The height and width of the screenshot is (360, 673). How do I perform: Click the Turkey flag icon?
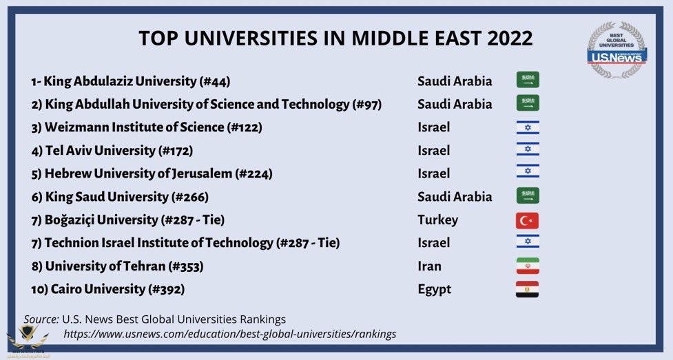coord(527,220)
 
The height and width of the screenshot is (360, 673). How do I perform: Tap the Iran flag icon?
coord(527,266)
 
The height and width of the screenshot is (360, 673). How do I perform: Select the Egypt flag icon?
coord(527,289)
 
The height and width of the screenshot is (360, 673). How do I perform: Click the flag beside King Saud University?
coord(528,196)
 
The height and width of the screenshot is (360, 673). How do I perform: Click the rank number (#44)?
coord(214,81)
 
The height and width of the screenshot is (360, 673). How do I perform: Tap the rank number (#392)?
coord(166,289)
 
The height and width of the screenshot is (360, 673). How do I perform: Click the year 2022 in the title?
coord(510,38)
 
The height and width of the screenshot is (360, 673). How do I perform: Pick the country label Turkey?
coord(437,220)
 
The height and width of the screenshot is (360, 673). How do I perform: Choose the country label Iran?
coord(429,266)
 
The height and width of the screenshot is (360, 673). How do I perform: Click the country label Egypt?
coord(435,289)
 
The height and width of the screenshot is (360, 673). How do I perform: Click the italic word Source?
coord(41,319)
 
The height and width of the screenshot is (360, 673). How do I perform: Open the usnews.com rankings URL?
coord(230,334)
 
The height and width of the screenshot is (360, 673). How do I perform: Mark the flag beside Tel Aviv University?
coord(528,150)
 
